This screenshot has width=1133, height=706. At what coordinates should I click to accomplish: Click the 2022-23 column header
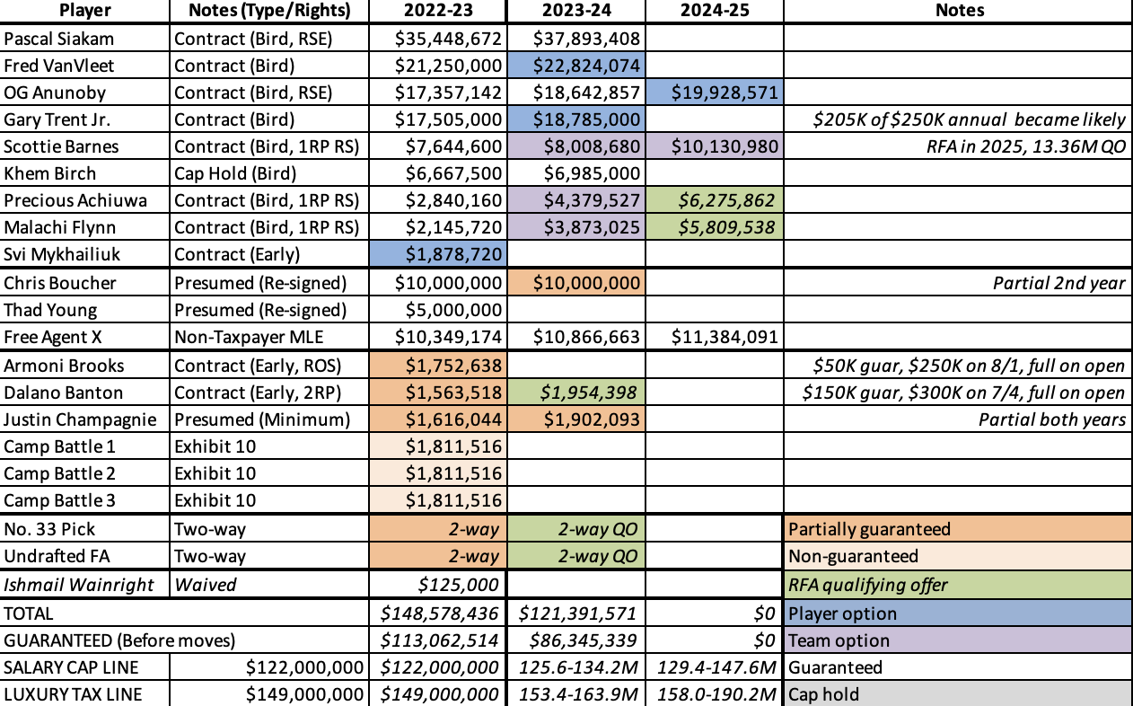(x=436, y=12)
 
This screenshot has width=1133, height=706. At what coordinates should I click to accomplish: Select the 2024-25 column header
(x=714, y=12)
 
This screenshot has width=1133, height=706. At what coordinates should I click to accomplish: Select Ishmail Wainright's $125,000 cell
(x=457, y=585)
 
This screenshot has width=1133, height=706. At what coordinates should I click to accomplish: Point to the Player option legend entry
(x=842, y=613)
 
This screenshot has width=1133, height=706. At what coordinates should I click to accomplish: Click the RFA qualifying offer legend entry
(x=866, y=585)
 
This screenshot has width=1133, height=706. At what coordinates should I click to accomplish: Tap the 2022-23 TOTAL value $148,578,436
(x=436, y=613)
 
